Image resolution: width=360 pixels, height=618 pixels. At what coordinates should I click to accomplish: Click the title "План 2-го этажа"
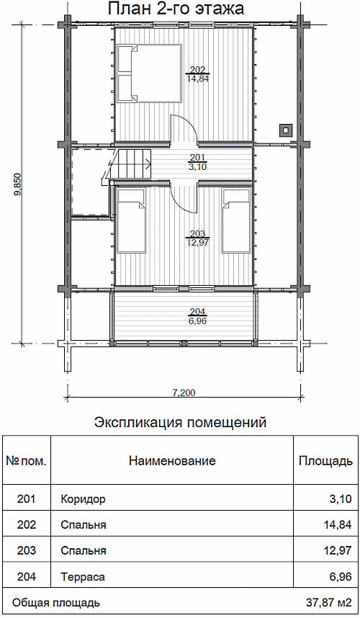point(176,9)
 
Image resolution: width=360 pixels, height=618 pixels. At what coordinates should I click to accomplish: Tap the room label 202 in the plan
point(198,70)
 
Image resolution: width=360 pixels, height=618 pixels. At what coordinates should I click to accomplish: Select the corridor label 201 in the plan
point(198,158)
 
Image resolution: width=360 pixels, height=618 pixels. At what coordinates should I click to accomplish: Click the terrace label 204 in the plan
point(198,312)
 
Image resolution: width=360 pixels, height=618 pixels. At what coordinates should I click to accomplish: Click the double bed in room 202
point(148,73)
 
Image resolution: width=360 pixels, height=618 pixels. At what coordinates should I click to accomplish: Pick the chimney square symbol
point(286,130)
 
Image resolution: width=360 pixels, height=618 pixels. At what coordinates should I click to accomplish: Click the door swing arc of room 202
point(187,122)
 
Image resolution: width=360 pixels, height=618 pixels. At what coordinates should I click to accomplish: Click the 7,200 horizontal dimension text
point(184,393)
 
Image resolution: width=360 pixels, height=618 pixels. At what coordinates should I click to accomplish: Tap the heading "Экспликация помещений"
point(181,423)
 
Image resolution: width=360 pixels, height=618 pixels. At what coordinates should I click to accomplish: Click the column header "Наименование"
point(172,461)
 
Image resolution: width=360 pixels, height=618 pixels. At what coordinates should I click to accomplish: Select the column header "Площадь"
point(325,461)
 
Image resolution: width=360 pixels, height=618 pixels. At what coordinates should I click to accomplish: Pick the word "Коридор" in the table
point(83,500)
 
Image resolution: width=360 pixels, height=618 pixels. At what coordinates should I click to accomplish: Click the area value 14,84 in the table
point(337,525)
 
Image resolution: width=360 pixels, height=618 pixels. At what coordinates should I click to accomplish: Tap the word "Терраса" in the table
point(83,578)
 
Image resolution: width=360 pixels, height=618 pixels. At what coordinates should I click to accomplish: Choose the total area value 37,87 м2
point(328,603)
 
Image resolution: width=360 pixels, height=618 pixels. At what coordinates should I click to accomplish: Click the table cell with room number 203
point(27,550)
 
